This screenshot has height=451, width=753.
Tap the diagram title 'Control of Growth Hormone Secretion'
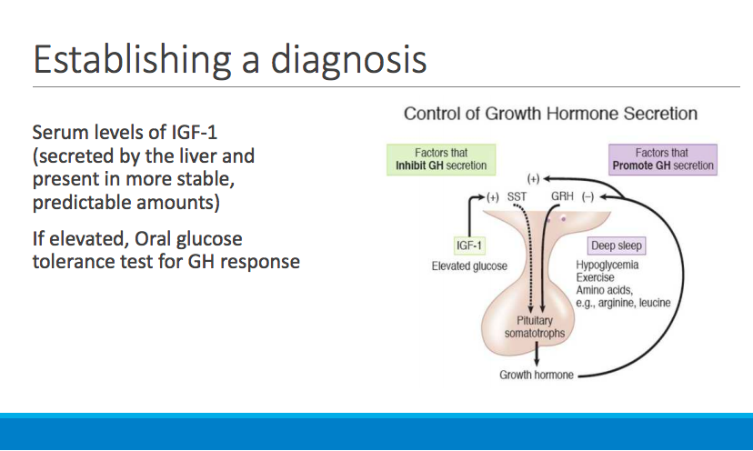pos(550,114)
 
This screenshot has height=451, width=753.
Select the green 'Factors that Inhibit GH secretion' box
pos(441,160)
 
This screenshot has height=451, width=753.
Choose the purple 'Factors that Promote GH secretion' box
pos(662,160)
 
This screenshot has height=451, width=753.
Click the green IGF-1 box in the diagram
pos(467,246)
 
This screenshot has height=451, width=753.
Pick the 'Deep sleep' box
pos(617,246)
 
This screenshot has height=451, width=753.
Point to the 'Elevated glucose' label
pos(469,266)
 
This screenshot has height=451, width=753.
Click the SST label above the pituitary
pos(517,196)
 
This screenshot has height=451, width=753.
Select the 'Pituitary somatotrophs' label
pos(535,326)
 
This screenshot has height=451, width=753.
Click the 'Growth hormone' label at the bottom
pos(537,375)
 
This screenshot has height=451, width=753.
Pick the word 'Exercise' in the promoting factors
pos(595,277)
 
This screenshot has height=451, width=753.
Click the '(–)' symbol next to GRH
pos(587,196)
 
